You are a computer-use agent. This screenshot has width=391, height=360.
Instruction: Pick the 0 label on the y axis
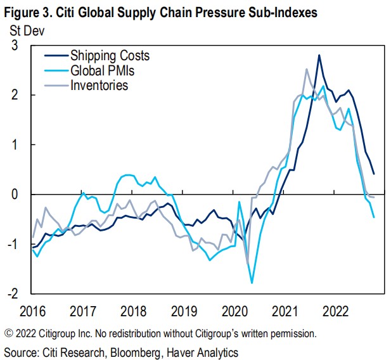(15, 195)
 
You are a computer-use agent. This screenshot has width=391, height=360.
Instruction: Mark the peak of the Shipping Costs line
(319, 55)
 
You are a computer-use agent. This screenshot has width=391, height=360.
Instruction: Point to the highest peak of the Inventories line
(307, 69)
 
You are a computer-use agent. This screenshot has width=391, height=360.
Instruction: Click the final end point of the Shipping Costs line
(374, 174)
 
